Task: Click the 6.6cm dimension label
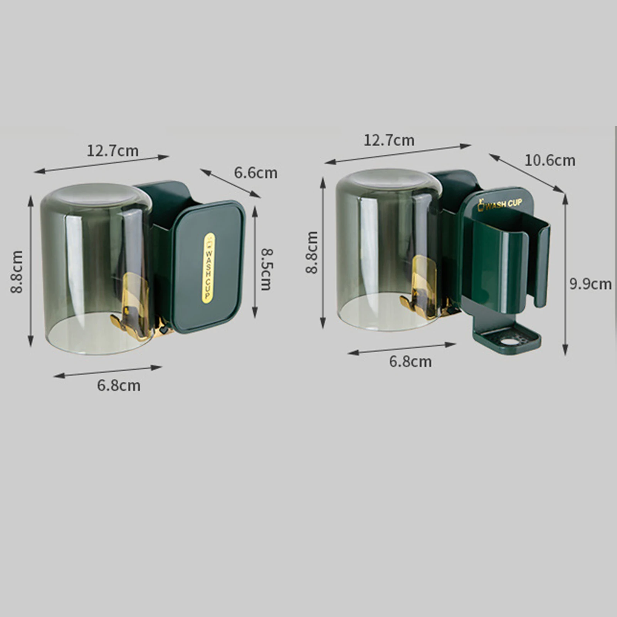[256, 173]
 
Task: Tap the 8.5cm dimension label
[266, 269]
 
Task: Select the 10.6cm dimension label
[550, 160]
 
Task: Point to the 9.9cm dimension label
[591, 284]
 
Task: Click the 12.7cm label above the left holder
[113, 151]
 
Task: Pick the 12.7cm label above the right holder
[389, 140]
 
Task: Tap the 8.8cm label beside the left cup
[17, 272]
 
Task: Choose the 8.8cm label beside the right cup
[312, 252]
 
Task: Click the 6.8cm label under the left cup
[119, 385]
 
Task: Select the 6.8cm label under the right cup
[410, 361]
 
